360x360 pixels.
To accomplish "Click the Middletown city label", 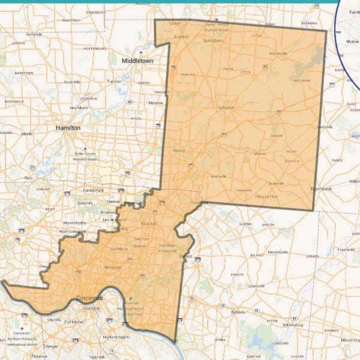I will [x=137, y=61].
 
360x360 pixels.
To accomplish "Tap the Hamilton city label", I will [x=67, y=128].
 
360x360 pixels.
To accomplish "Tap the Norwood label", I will [x=113, y=266].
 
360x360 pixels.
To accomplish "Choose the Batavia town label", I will [x=238, y=313].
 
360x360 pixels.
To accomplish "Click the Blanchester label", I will [x=321, y=189].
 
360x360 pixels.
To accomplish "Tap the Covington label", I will [x=91, y=308].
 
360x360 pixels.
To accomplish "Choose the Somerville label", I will [x=34, y=34].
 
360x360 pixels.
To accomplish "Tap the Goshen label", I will [x=245, y=224].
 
